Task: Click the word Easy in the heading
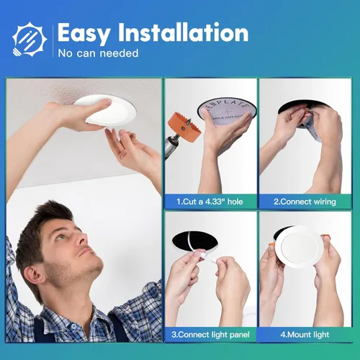[84, 32]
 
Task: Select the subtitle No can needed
[98, 53]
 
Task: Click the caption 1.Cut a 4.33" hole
[211, 202]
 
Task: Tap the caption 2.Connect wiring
[305, 202]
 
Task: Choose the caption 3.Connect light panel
[211, 335]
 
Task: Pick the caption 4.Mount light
[305, 335]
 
